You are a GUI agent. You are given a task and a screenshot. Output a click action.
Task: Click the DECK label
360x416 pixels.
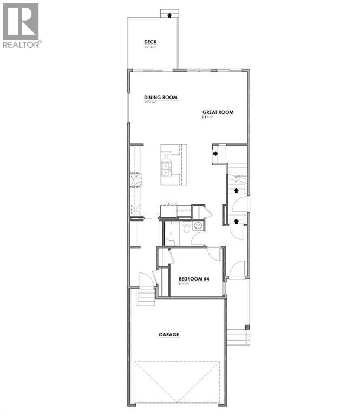pos(150,42)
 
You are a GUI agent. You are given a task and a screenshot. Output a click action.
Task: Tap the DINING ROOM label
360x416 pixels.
pos(161,98)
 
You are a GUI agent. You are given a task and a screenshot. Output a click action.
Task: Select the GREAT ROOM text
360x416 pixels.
pos(218,112)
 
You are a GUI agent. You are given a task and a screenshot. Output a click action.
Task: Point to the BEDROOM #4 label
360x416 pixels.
pos(194,279)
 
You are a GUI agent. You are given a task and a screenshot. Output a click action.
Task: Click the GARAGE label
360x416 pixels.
pos(168,335)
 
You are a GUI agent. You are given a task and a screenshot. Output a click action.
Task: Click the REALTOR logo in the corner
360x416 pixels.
pos(21,25)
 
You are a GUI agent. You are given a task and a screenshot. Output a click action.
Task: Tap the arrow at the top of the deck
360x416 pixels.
pos(171,15)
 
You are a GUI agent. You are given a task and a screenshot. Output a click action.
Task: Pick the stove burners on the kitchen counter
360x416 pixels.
pos(135,180)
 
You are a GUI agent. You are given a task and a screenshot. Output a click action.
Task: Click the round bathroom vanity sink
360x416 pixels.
pos(198,226)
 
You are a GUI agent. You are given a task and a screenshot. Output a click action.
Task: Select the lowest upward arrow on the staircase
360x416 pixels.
pos(236,220)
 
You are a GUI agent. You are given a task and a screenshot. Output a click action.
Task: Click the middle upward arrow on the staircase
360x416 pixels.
pos(236,190)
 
